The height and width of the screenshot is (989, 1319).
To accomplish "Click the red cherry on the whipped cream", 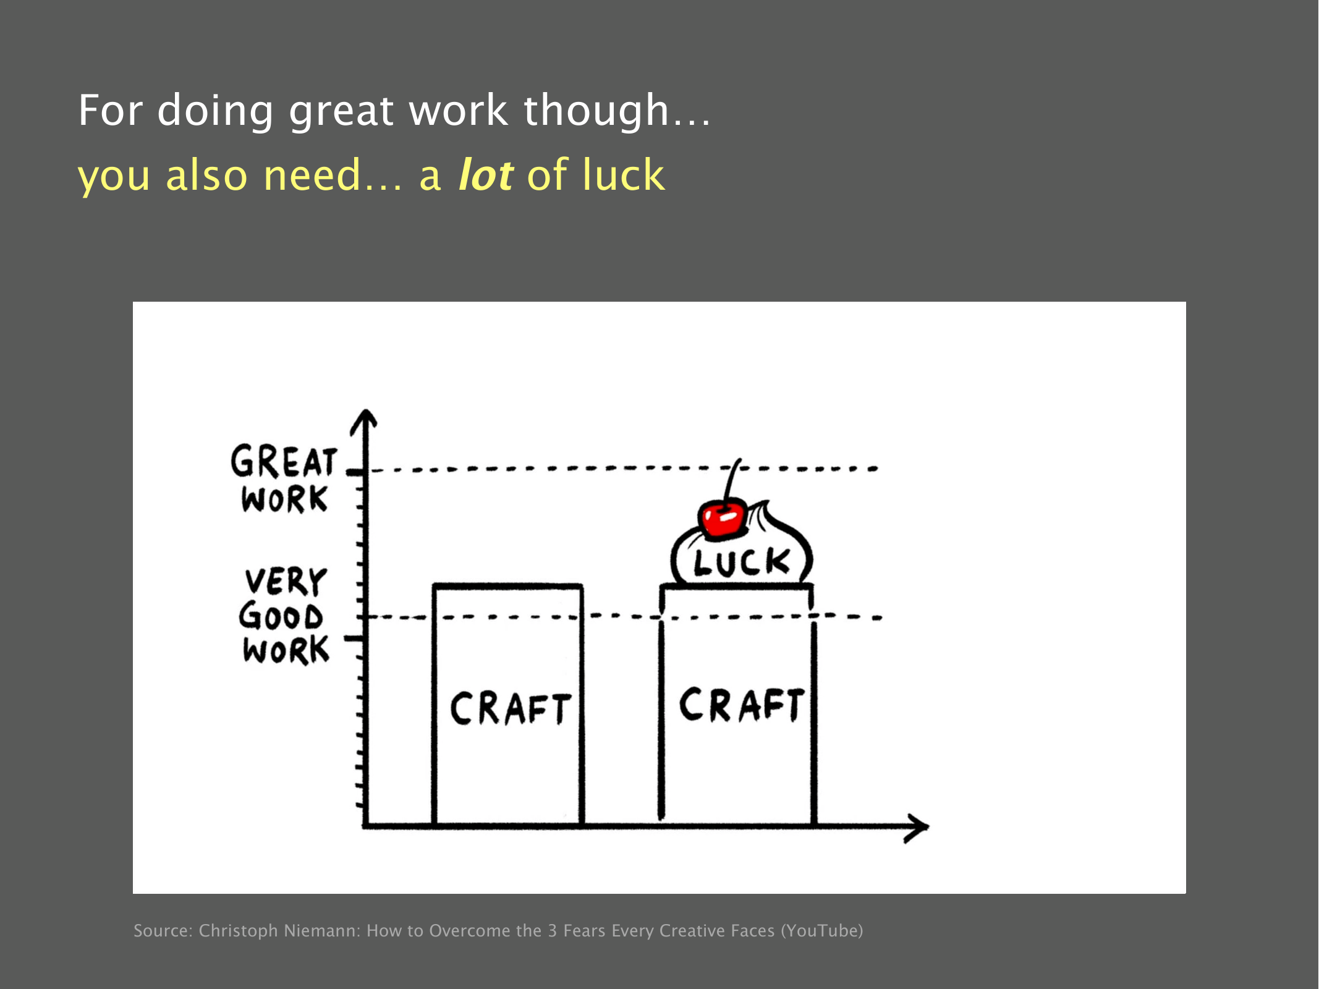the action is click(x=722, y=518).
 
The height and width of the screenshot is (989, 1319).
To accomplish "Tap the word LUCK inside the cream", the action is click(x=742, y=562).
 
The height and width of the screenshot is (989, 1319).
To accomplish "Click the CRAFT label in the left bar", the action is click(x=510, y=708).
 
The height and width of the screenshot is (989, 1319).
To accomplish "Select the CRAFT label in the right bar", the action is click(x=742, y=705).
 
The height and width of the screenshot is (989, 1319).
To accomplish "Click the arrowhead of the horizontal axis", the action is click(x=917, y=828).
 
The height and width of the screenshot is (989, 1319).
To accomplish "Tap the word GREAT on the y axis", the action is click(x=284, y=462).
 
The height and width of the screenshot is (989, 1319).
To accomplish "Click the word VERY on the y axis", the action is click(x=286, y=581).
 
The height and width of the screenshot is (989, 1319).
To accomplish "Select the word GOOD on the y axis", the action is click(x=281, y=616).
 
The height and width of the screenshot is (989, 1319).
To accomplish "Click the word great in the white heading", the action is click(x=341, y=111).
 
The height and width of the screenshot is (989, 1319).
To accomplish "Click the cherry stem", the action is click(x=731, y=481).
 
